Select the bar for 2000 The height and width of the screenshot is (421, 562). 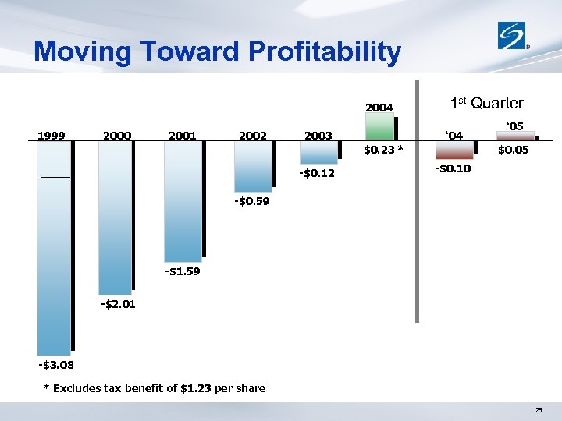point(115,218)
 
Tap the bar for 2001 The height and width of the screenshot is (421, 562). point(181,202)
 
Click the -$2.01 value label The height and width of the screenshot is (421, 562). point(118,304)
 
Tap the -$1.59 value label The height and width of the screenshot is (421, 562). point(183,271)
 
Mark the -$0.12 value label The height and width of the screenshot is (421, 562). point(317,173)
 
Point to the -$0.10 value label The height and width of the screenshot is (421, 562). point(453,169)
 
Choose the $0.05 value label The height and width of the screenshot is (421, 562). point(514,150)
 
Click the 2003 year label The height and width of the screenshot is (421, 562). point(318,136)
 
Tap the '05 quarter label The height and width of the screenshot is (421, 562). point(514,126)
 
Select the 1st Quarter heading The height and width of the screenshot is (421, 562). point(487,103)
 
